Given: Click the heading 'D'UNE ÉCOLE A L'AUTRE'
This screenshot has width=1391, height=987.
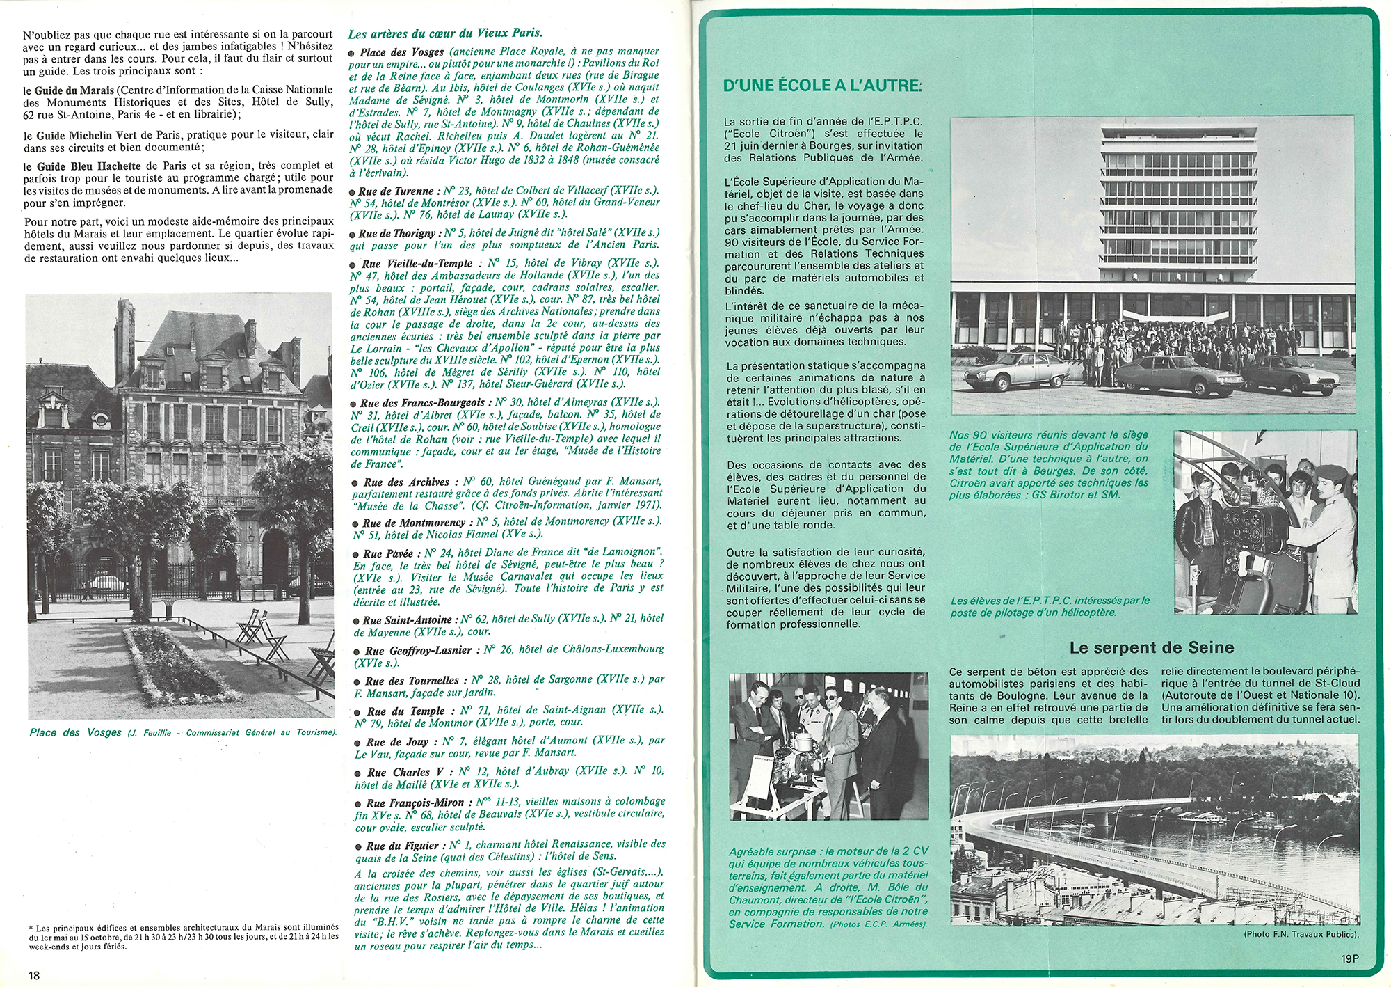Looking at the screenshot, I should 822,86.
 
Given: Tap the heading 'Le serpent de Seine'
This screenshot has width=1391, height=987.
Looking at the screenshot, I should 1152,648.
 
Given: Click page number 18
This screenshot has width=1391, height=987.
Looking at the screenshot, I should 34,975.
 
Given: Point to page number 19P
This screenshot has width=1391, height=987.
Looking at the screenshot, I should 1349,958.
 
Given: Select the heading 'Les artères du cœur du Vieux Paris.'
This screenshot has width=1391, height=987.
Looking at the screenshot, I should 445,33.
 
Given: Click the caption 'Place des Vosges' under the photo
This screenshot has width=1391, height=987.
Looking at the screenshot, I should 76,732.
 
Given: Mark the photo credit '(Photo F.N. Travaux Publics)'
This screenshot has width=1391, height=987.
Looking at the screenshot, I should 1301,934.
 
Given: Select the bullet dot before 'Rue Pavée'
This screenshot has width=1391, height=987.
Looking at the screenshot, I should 357,555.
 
